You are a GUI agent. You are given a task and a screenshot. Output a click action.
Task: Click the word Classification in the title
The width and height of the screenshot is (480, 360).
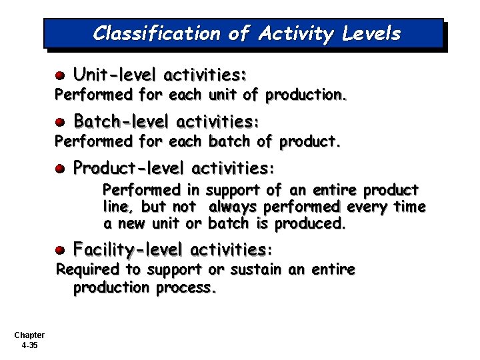click(156, 33)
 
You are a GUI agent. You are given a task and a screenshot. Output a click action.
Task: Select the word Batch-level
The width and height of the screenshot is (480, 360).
click(121, 121)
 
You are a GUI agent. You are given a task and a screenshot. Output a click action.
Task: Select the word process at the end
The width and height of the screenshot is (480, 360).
click(186, 288)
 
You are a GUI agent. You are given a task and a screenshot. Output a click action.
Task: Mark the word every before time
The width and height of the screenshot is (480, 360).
click(367, 207)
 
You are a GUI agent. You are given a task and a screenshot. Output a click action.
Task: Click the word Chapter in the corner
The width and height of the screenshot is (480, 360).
click(29, 335)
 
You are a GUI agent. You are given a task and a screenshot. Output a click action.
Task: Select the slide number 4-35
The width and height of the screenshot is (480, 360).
click(29, 345)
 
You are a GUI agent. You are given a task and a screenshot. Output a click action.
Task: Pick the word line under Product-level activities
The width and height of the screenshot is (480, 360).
click(118, 207)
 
